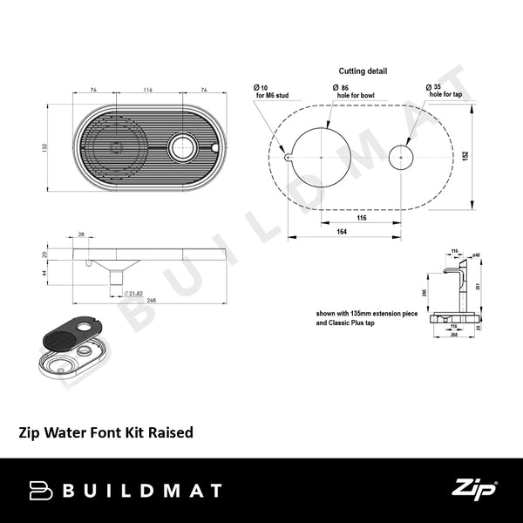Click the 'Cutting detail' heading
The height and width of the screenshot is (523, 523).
pyautogui.click(x=363, y=71)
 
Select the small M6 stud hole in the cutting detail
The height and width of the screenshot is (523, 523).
pyautogui.click(x=286, y=157)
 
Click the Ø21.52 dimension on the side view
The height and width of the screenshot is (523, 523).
pyautogui.click(x=133, y=292)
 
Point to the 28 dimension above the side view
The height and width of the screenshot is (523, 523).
pyautogui.click(x=81, y=234)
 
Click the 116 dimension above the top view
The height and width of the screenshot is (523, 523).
pyautogui.click(x=147, y=90)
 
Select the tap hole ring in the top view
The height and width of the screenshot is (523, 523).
pyautogui.click(x=184, y=147)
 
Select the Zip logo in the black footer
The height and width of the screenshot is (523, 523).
pyautogui.click(x=473, y=490)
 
